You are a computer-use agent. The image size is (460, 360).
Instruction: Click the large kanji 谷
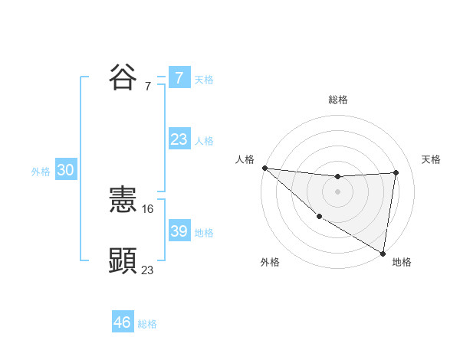123,77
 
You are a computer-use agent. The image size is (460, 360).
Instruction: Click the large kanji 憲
123,201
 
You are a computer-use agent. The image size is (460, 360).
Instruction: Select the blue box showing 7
179,77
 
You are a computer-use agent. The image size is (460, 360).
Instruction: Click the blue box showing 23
179,139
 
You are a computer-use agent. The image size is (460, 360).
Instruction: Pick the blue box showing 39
179,231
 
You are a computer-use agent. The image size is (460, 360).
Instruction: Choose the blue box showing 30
65,171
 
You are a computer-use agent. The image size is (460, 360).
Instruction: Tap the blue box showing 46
122,322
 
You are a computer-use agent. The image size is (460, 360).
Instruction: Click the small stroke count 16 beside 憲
148,208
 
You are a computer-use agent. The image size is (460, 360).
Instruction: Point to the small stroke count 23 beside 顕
148,270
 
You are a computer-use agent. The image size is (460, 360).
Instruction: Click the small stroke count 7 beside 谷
148,86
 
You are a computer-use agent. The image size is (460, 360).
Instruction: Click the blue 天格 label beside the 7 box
204,79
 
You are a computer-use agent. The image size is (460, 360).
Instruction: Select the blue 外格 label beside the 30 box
41,172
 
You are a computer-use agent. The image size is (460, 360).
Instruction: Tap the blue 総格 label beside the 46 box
147,324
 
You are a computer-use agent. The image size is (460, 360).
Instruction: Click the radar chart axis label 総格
337,100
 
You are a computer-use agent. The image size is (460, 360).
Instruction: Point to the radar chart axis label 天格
431,159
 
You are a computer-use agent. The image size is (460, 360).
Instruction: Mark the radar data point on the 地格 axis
383,253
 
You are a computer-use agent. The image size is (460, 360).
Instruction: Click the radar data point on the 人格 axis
264,168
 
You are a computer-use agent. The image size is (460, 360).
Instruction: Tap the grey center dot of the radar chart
337,191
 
